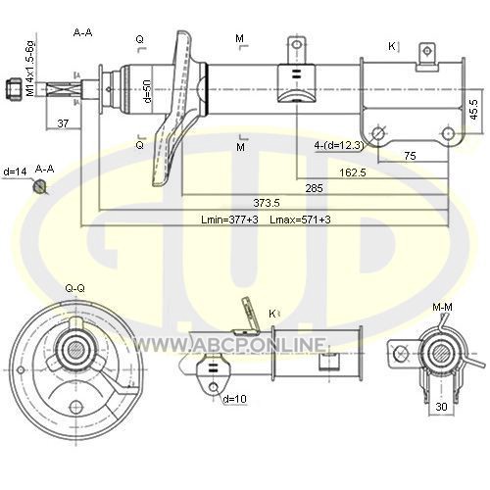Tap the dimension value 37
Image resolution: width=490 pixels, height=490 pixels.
tap(63, 123)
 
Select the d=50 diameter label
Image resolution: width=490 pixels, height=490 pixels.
tap(148, 91)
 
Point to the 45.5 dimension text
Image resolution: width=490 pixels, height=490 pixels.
tap(474, 109)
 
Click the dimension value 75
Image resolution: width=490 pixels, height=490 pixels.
tap(410, 156)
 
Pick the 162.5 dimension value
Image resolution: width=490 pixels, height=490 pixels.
tap(353, 172)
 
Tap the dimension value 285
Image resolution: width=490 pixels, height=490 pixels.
tap(314, 188)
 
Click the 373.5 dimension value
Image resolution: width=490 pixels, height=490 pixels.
tap(267, 203)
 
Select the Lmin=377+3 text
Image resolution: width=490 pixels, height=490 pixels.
tap(229, 220)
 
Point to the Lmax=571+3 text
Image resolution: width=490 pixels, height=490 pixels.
tap(300, 220)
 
